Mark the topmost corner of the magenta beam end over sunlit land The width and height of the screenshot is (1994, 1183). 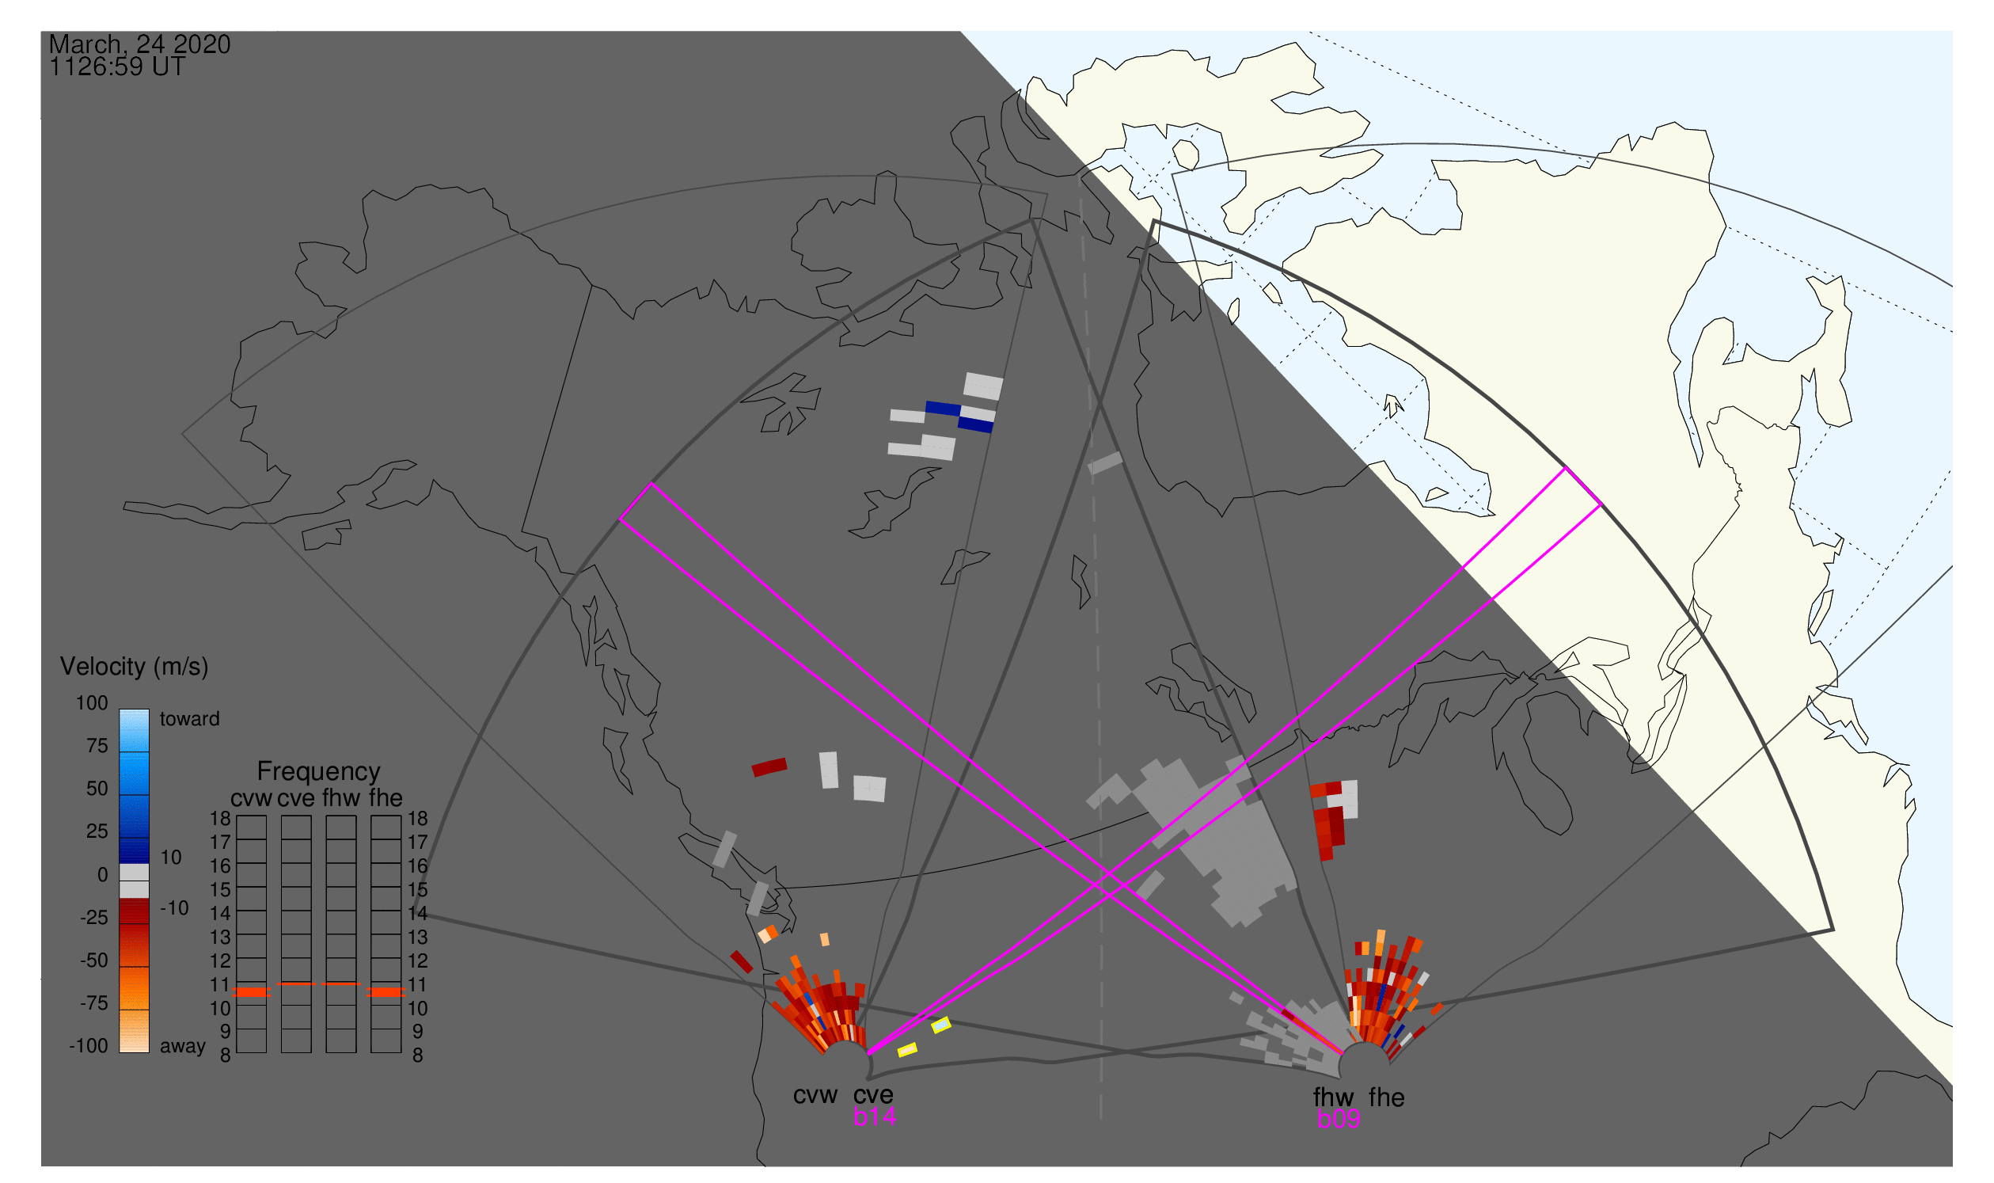(x=1567, y=468)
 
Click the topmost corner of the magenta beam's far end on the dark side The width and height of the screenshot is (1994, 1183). (x=652, y=484)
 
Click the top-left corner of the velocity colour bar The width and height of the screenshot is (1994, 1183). (x=120, y=710)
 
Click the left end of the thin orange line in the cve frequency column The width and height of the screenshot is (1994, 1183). (x=281, y=984)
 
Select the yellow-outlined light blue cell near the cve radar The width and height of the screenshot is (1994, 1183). (x=941, y=1026)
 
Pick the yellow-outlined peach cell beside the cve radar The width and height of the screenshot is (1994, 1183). (x=907, y=1051)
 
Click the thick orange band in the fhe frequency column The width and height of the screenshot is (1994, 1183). (x=386, y=992)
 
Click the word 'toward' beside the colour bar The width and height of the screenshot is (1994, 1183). (x=190, y=720)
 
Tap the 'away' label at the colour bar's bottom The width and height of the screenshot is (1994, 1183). (x=183, y=1047)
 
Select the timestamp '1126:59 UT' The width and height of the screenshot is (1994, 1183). (x=117, y=67)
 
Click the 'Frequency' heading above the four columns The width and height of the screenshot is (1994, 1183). (x=319, y=772)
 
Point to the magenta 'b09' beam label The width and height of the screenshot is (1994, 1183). (x=1339, y=1120)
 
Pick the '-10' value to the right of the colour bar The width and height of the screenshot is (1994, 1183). (x=174, y=908)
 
